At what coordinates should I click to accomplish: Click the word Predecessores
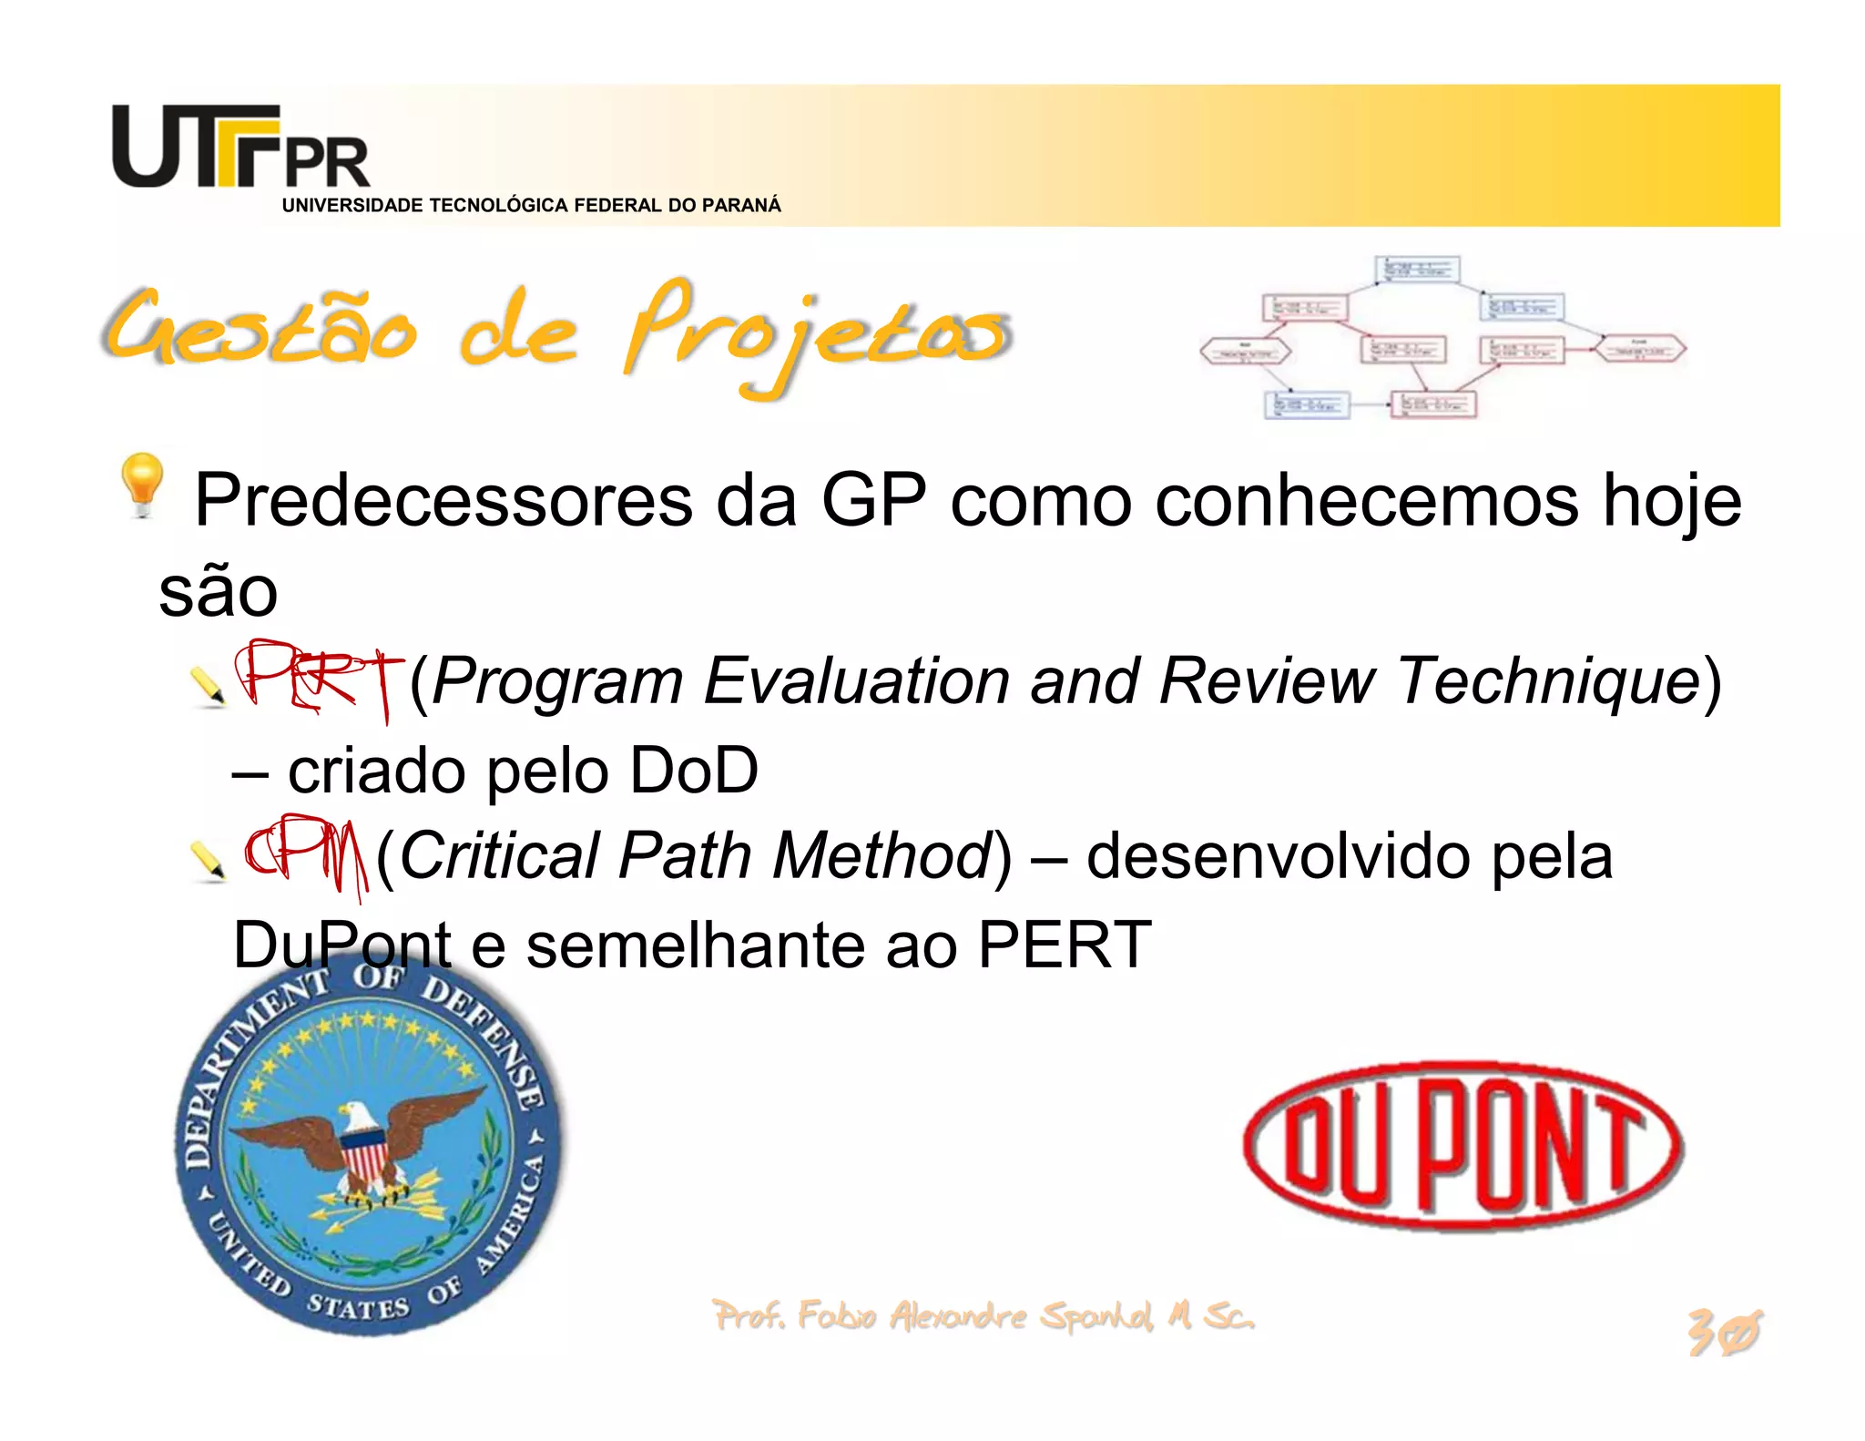(443, 501)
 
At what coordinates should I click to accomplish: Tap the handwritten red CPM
(306, 853)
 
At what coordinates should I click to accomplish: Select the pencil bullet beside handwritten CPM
(208, 861)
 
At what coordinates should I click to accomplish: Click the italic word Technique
(1548, 681)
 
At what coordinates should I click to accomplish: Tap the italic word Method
(882, 856)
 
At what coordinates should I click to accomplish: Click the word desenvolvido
(1278, 856)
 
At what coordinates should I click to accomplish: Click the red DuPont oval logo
(1463, 1146)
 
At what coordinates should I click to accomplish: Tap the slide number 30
(1723, 1333)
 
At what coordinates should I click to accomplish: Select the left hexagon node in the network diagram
(1245, 352)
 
